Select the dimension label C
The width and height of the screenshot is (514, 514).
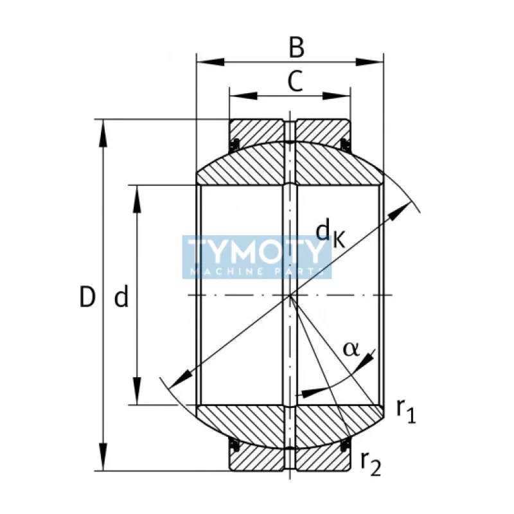[x=294, y=82]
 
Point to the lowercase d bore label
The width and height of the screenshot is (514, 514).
[x=122, y=297]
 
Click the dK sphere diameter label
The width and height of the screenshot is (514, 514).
[x=331, y=232]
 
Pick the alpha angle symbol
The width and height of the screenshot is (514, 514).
[x=351, y=348]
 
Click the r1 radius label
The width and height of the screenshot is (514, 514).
[x=406, y=411]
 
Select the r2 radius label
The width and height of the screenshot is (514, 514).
[x=371, y=462]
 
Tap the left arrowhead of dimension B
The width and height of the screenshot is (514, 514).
[x=208, y=62]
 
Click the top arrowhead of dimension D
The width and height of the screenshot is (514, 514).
[x=103, y=131]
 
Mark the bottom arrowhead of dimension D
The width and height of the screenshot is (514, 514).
[x=103, y=457]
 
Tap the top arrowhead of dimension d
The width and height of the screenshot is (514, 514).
[x=137, y=198]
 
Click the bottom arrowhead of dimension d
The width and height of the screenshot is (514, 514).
[x=137, y=392]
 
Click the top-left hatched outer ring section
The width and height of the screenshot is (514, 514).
[x=257, y=131]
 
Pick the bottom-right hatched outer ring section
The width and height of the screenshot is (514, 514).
[x=321, y=458]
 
